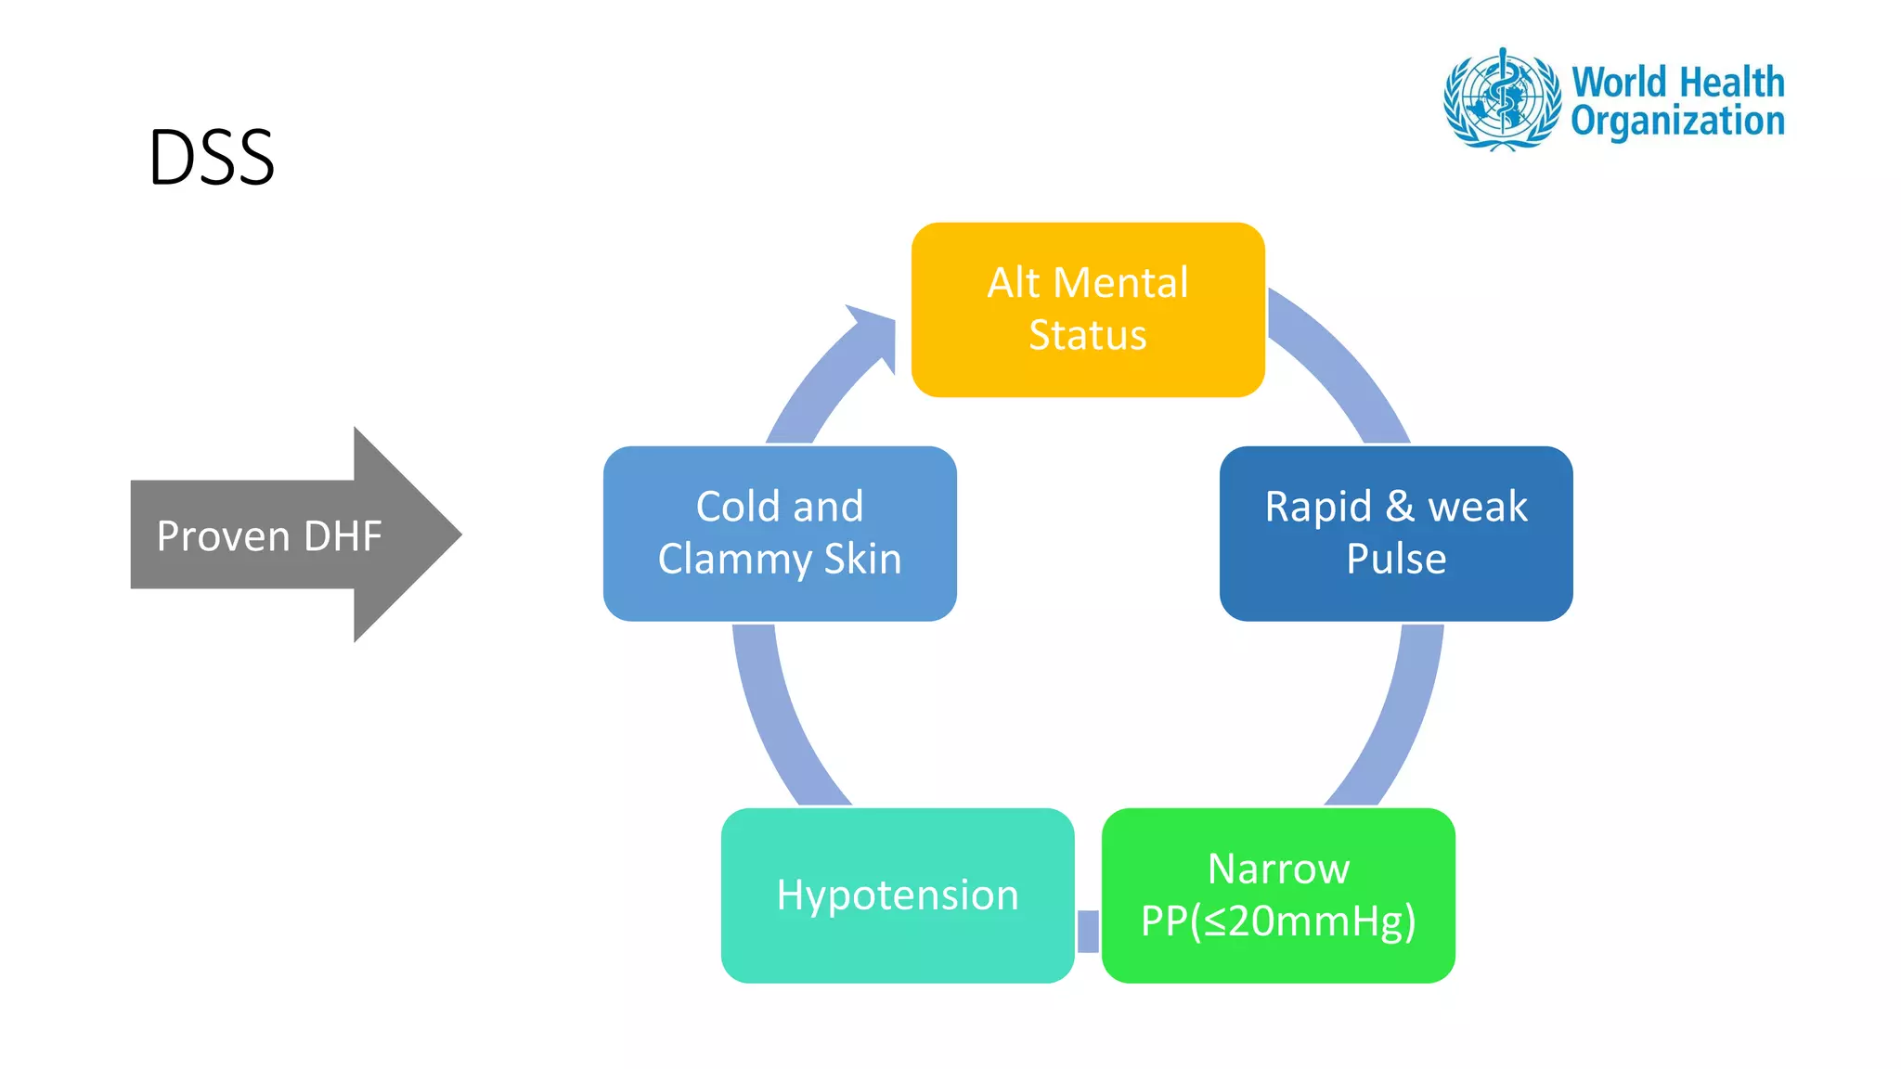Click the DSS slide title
[212, 158]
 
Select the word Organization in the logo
[1677, 122]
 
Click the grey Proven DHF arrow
[269, 535]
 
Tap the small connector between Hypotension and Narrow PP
[1088, 931]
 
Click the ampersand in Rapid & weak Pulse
[1400, 507]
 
